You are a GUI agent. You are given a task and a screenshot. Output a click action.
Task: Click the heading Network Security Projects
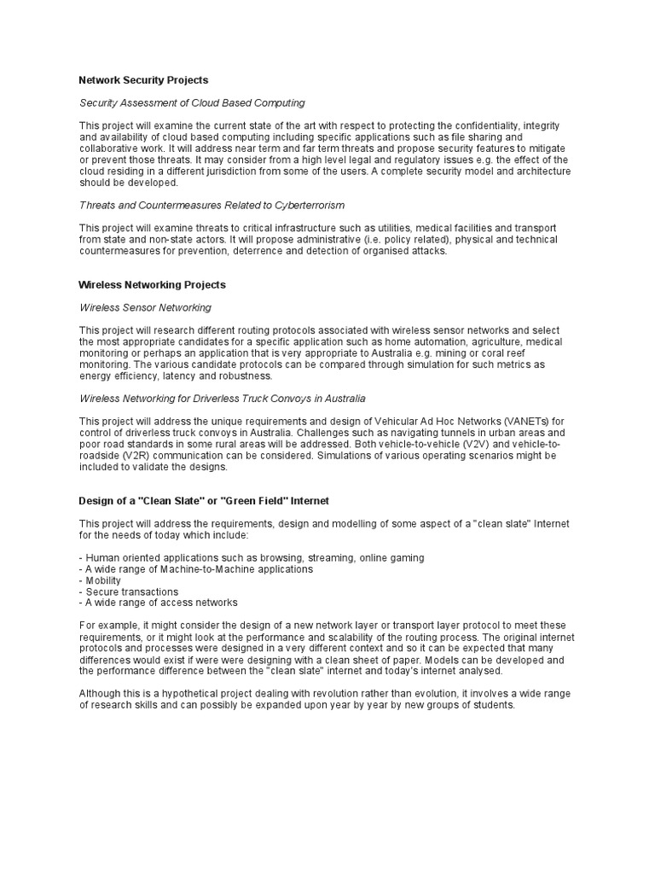pyautogui.click(x=143, y=80)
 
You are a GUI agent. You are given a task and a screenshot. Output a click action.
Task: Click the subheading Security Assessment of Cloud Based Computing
pyautogui.click(x=192, y=103)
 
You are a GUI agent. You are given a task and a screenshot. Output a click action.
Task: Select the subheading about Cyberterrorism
pyautogui.click(x=212, y=206)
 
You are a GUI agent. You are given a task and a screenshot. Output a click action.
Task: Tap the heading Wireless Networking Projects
pyautogui.click(x=152, y=284)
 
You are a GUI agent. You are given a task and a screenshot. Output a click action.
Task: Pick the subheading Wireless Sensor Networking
pyautogui.click(x=145, y=307)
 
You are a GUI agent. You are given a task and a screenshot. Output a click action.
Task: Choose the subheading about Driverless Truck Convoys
pyautogui.click(x=223, y=398)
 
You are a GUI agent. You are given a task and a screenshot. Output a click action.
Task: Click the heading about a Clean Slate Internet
pyautogui.click(x=204, y=500)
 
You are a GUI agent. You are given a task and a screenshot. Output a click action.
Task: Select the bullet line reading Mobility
pyautogui.click(x=102, y=580)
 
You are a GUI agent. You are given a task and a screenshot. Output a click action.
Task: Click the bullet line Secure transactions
pyautogui.click(x=129, y=591)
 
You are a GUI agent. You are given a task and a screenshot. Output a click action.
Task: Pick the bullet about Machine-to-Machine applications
pyautogui.click(x=196, y=569)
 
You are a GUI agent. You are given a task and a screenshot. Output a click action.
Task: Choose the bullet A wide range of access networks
pyautogui.click(x=158, y=603)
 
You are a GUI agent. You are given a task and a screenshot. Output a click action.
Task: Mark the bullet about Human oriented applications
pyautogui.click(x=252, y=558)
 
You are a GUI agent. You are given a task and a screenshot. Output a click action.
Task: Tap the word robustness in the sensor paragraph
pyautogui.click(x=246, y=376)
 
